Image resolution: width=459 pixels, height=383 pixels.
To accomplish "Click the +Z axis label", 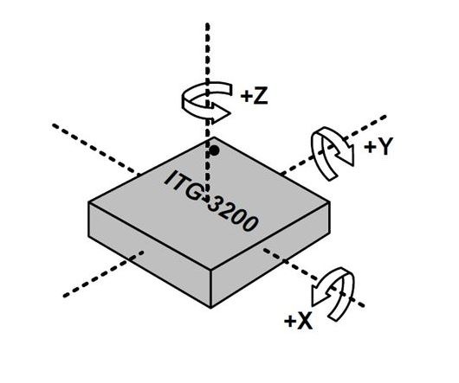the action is tap(254, 96).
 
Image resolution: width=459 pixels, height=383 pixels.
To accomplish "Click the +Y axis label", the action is tap(378, 146).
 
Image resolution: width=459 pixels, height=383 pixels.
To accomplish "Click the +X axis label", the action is tap(298, 321).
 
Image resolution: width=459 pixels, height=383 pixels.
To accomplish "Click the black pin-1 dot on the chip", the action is tap(215, 150).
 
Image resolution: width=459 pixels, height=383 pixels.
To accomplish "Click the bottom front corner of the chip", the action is tap(210, 308).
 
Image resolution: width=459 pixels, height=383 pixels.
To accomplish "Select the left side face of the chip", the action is tap(149, 254).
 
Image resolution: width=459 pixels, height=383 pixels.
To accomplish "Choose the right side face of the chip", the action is tap(271, 254).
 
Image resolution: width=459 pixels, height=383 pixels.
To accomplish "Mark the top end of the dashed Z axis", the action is tap(207, 23).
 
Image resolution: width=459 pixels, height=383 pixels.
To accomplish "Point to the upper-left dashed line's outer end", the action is tap(54, 125).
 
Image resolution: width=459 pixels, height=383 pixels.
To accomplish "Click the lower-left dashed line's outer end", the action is tap(64, 297).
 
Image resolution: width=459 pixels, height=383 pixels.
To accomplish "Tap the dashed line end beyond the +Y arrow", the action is tap(385, 116).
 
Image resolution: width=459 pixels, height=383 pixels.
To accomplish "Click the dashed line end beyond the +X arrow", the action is tap(364, 306).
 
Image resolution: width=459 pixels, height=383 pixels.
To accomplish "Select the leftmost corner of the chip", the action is tap(88, 202).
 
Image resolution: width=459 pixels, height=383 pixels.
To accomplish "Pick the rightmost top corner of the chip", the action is tap(330, 201).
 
